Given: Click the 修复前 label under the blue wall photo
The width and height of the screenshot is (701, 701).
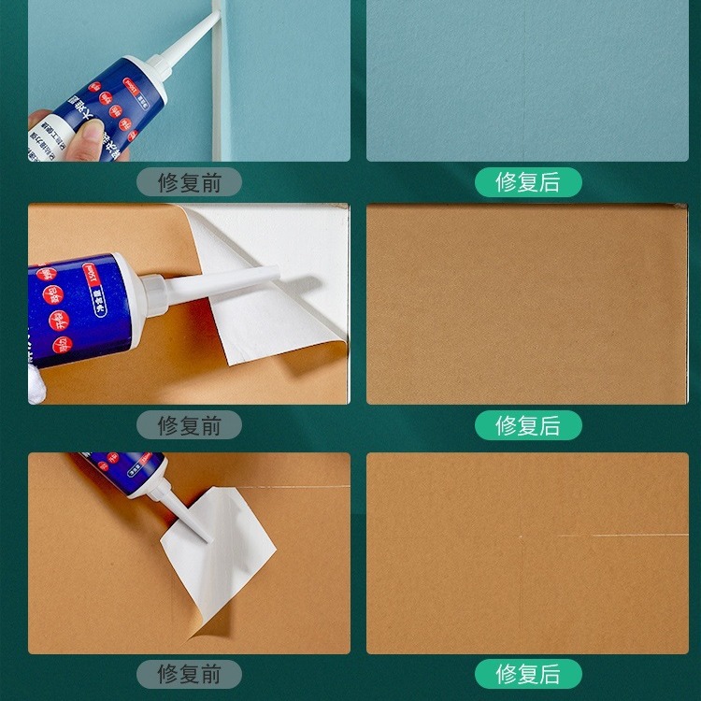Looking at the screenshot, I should pos(189,181).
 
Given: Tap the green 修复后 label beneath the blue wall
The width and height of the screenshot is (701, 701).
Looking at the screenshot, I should pos(527,181).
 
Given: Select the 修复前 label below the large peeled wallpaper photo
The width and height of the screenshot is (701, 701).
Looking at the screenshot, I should pos(189,425).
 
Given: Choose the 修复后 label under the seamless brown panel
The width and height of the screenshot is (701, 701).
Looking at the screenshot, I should pos(527,425).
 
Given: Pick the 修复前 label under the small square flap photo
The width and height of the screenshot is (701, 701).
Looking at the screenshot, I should pos(189,674).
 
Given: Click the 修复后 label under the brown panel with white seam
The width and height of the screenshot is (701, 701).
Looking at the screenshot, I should pos(527,674).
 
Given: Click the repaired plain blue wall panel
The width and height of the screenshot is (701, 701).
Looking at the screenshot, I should pos(527,79).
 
